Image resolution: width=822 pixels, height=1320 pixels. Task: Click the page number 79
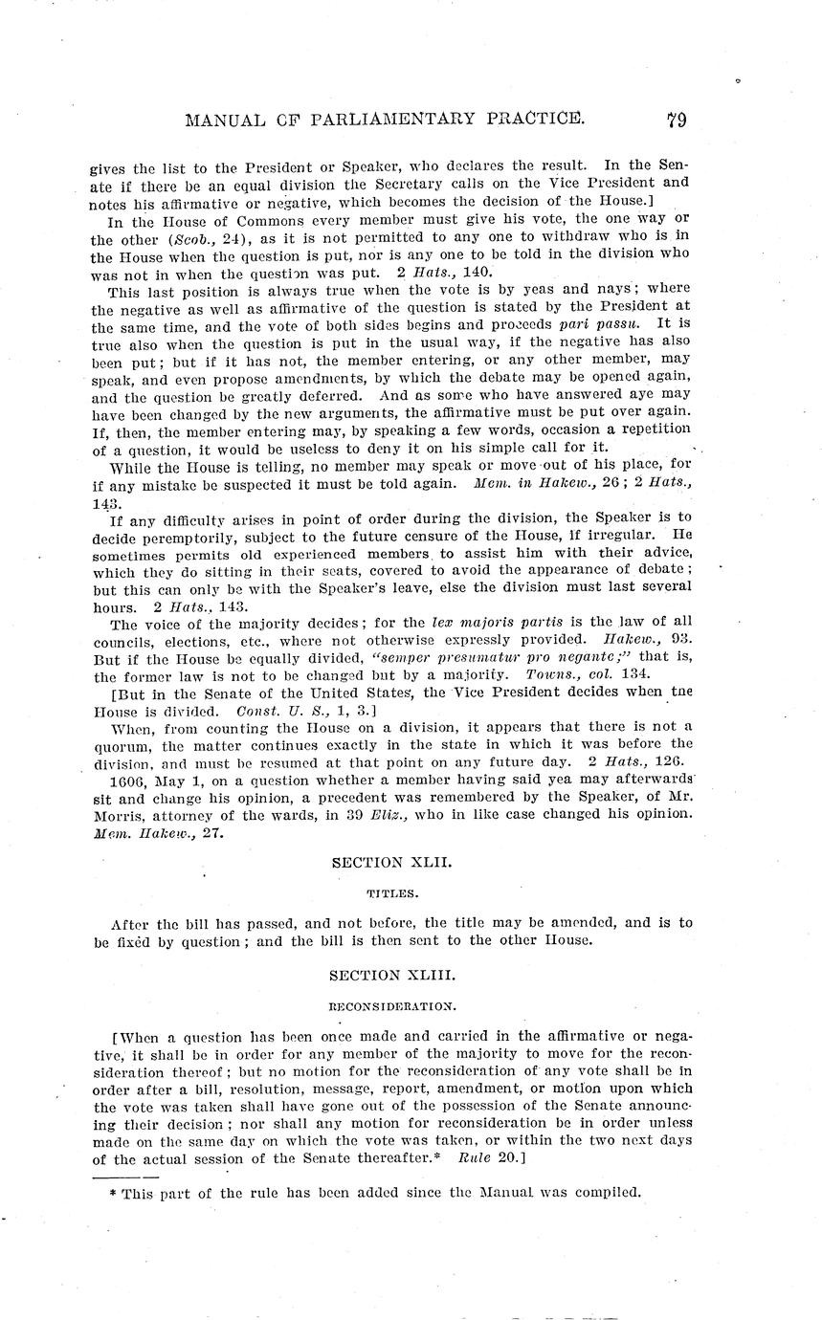pyautogui.click(x=677, y=120)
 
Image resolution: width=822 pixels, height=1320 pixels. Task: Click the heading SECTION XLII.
pyautogui.click(x=391, y=862)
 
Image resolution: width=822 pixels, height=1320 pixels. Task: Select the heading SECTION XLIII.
pyautogui.click(x=391, y=975)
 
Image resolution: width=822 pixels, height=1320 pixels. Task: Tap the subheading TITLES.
pyautogui.click(x=390, y=893)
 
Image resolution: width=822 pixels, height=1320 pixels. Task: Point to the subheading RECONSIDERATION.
pyautogui.click(x=391, y=1006)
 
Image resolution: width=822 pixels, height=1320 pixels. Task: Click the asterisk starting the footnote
pyautogui.click(x=114, y=1193)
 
